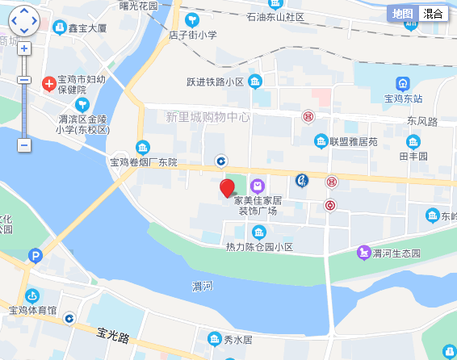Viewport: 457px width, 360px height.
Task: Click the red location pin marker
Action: [228, 188]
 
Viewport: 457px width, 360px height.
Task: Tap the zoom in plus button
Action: [24, 48]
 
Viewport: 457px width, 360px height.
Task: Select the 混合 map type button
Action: [433, 14]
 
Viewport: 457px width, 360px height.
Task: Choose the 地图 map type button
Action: [402, 14]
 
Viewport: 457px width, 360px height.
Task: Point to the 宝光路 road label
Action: [113, 333]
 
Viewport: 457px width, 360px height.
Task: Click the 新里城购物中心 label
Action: [208, 117]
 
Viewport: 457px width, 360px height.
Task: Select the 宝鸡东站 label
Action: [404, 99]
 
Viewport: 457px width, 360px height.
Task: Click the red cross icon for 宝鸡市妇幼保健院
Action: [48, 83]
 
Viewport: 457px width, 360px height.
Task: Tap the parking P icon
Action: [34, 257]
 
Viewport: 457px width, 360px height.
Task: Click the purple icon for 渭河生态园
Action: [364, 253]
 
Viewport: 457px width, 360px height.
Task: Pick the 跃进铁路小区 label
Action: [215, 82]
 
